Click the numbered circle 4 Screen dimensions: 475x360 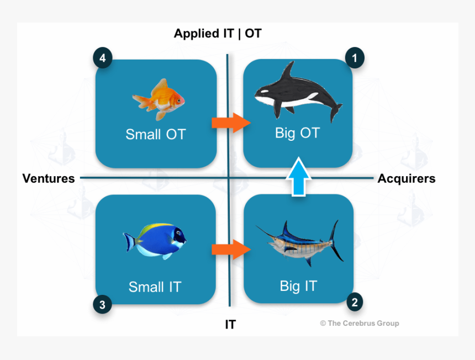pos(103,57)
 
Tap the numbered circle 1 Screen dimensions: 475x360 pos(355,57)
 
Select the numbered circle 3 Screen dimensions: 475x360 pos(102,304)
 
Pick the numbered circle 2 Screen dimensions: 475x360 pos(355,302)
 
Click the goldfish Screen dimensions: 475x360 pos(159,99)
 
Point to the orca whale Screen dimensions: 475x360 pos(298,92)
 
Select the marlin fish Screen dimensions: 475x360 pos(300,243)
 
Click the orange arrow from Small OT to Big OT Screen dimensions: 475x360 pos(231,123)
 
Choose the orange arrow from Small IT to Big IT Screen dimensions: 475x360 pos(231,250)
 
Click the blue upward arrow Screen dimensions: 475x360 pos(299,177)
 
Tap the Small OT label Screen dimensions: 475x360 pos(156,134)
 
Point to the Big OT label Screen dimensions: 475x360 pos(298,133)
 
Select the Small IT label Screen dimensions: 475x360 pos(155,287)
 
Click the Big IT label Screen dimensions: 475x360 pos(299,286)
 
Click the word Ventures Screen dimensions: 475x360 pos(49,178)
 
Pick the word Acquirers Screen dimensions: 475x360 pos(407,178)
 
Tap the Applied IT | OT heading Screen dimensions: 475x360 pos(218,33)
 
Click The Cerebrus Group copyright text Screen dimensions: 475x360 pos(360,324)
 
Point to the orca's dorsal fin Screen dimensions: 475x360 pos(288,71)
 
